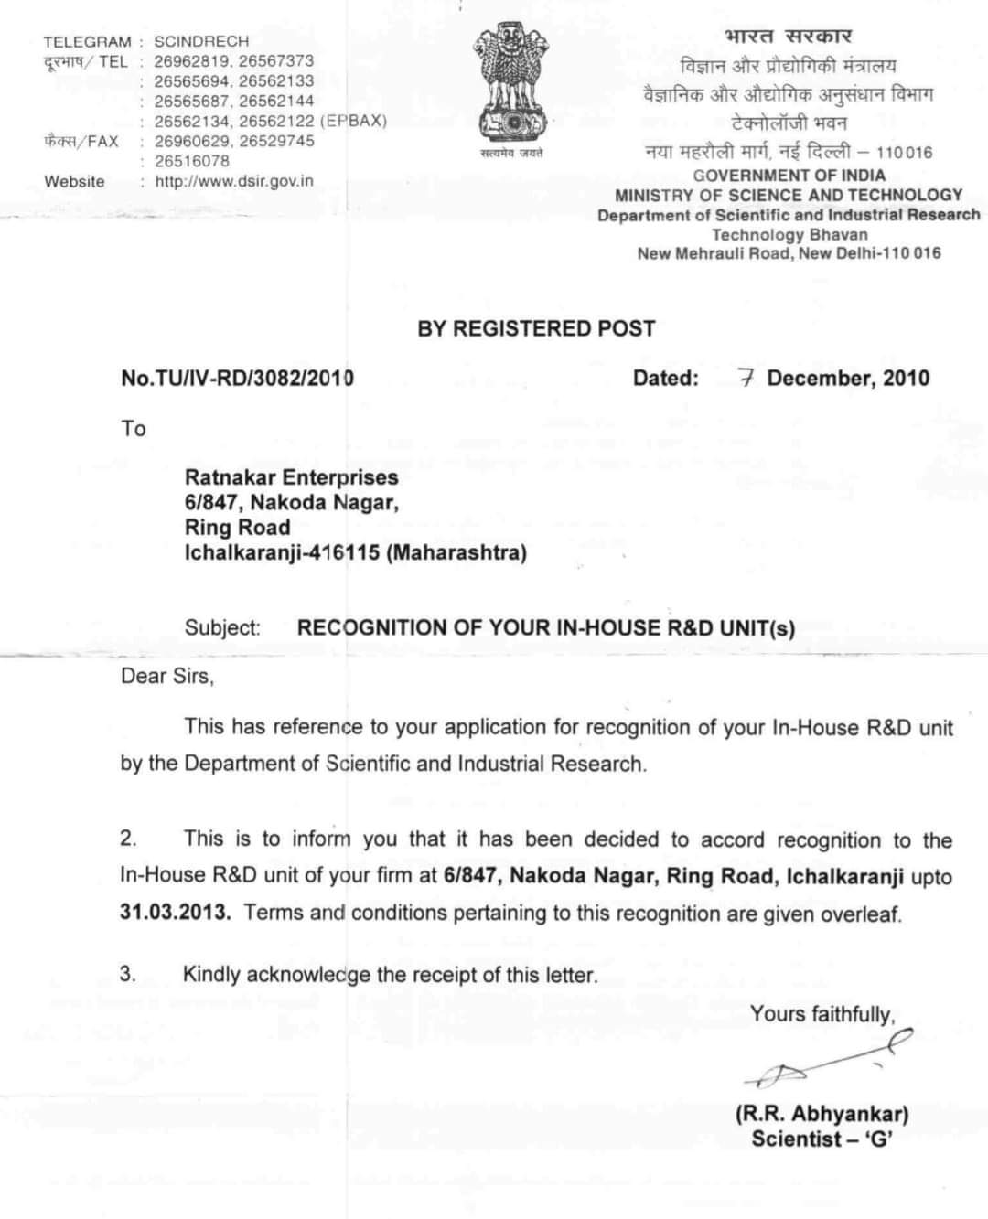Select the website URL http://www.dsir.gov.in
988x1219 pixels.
[x=234, y=181]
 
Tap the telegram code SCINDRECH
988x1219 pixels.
[x=201, y=41]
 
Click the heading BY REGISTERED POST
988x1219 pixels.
[x=536, y=328]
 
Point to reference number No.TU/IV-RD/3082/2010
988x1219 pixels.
[x=237, y=378]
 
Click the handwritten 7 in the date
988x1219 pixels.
[x=746, y=378]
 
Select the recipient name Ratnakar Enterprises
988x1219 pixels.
[x=291, y=477]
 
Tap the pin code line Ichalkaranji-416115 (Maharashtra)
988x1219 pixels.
[x=355, y=552]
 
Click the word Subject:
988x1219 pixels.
[x=222, y=628]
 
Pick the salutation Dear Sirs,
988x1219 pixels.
[x=166, y=677]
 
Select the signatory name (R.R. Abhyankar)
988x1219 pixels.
[x=822, y=1114]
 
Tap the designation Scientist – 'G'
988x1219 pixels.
[x=822, y=1139]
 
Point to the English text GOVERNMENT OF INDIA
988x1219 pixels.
[x=789, y=175]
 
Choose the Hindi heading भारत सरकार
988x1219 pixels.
[x=788, y=37]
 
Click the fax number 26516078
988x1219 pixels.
[x=192, y=161]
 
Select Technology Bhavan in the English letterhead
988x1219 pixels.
[x=789, y=234]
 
